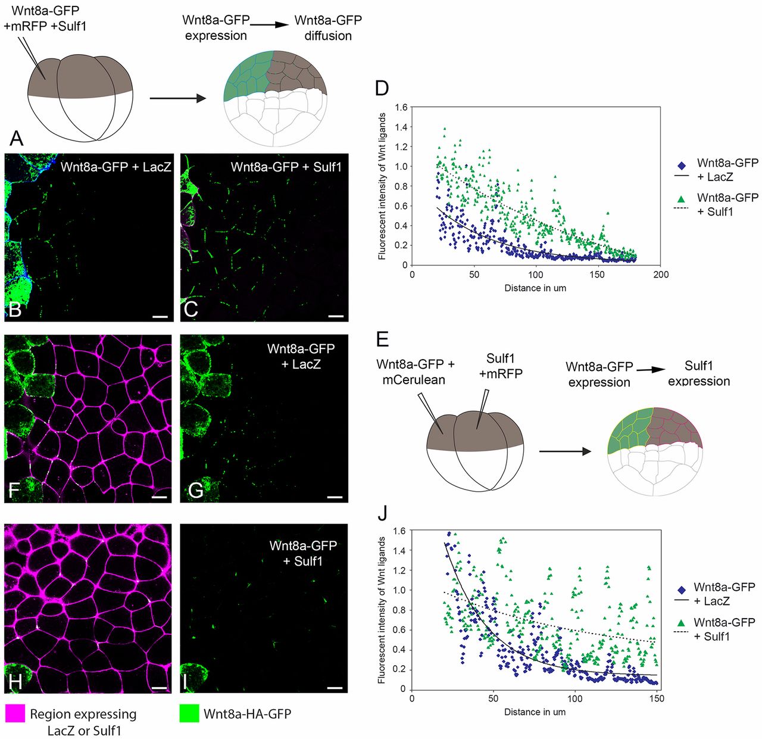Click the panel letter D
(382, 88)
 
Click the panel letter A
(17, 139)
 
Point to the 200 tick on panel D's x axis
(661, 275)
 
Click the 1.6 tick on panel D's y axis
(401, 108)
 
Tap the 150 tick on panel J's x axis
(656, 698)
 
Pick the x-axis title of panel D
(535, 288)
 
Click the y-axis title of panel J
(382, 610)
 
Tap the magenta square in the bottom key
(15, 713)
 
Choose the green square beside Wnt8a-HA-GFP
(189, 713)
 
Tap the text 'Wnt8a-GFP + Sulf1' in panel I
(303, 553)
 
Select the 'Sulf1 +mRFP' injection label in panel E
(500, 366)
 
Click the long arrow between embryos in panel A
(177, 97)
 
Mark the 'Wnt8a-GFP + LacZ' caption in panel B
(115, 167)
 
